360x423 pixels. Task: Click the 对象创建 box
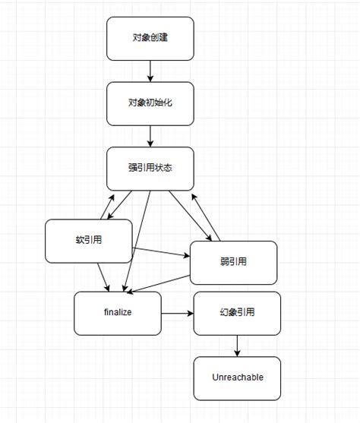click(150, 38)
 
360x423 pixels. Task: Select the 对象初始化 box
click(150, 103)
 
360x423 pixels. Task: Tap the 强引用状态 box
click(150, 169)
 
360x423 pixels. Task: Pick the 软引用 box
click(89, 241)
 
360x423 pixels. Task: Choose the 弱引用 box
click(233, 263)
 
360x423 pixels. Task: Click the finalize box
click(118, 313)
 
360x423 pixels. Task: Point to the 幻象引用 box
click(237, 313)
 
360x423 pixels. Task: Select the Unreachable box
click(237, 378)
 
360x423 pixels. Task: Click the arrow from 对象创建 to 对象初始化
click(150, 71)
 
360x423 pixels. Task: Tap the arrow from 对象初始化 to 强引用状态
click(150, 136)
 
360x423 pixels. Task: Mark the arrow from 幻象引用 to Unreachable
click(237, 346)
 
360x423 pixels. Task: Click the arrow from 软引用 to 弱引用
click(161, 252)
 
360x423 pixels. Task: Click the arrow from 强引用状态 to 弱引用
click(191, 216)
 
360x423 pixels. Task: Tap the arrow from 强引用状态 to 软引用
click(119, 205)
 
